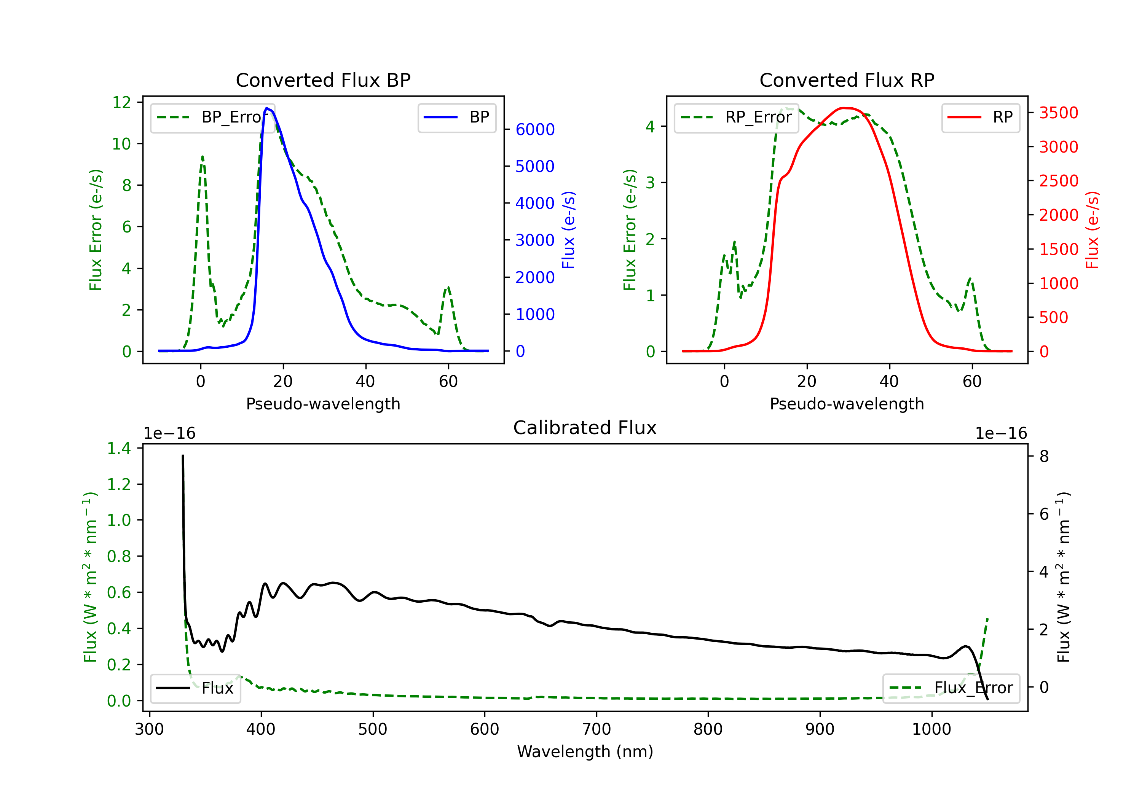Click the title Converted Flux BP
pyautogui.click(x=323, y=80)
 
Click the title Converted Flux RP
pyautogui.click(x=847, y=80)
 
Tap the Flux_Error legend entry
pyautogui.click(x=951, y=688)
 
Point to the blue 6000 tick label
pyautogui.click(x=535, y=129)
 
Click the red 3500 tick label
pyautogui.click(x=1058, y=113)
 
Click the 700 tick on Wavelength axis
pyautogui.click(x=596, y=729)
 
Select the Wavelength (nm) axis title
pyautogui.click(x=585, y=751)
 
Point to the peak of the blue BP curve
pyautogui.click(x=267, y=108)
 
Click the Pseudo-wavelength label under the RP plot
pyautogui.click(x=847, y=404)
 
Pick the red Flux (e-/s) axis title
pyautogui.click(x=1092, y=230)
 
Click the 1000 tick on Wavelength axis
pyautogui.click(x=931, y=729)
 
